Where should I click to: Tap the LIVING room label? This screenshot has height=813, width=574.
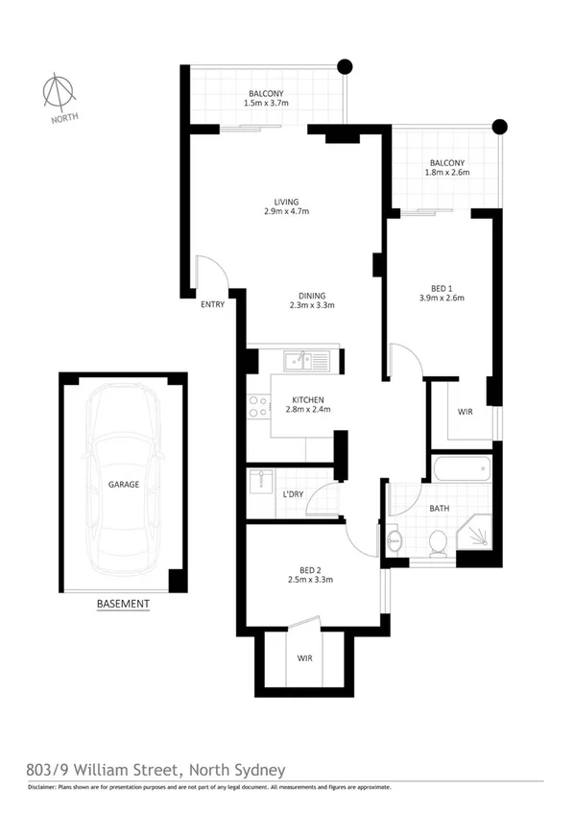tap(286, 202)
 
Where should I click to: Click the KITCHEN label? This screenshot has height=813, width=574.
tap(308, 399)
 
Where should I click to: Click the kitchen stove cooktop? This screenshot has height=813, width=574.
tap(257, 406)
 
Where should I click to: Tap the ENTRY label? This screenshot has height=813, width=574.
tap(212, 305)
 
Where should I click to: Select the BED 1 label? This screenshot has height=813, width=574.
tap(442, 286)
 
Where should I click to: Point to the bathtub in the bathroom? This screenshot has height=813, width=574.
tap(462, 470)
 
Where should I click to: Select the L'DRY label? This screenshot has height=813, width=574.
tap(294, 493)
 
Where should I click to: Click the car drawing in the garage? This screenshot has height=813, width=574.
tap(123, 484)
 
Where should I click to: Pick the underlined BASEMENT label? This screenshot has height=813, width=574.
tap(123, 604)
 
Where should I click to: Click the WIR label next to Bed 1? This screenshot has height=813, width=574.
tap(465, 412)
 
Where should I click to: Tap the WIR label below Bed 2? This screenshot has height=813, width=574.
tap(306, 658)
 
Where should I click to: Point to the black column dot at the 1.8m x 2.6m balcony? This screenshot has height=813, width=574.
tap(498, 125)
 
